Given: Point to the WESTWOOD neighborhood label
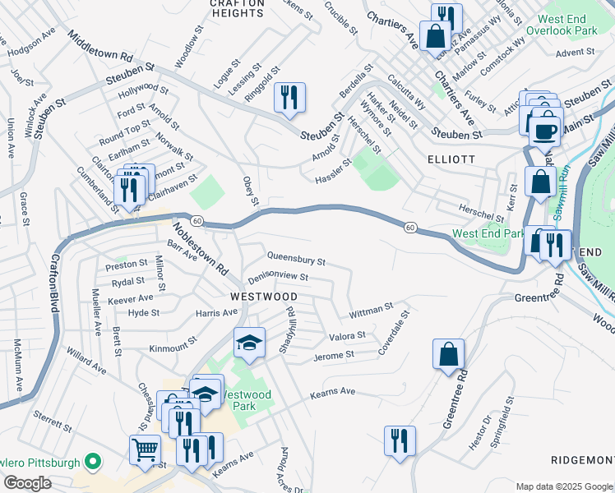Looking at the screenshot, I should [263, 296].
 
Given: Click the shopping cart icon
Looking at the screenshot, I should [145, 449].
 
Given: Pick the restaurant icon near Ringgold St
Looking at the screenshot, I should [289, 98].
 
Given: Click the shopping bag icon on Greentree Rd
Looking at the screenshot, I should [448, 354].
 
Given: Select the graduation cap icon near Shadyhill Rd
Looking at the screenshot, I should [249, 343].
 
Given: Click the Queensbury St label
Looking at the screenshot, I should [296, 259].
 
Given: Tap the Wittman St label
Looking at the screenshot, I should [372, 311].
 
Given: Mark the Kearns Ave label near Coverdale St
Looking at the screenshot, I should [332, 393].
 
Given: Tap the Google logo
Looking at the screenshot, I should [27, 483].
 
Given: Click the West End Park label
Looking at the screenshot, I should [487, 234].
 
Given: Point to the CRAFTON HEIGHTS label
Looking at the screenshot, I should [237, 7].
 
